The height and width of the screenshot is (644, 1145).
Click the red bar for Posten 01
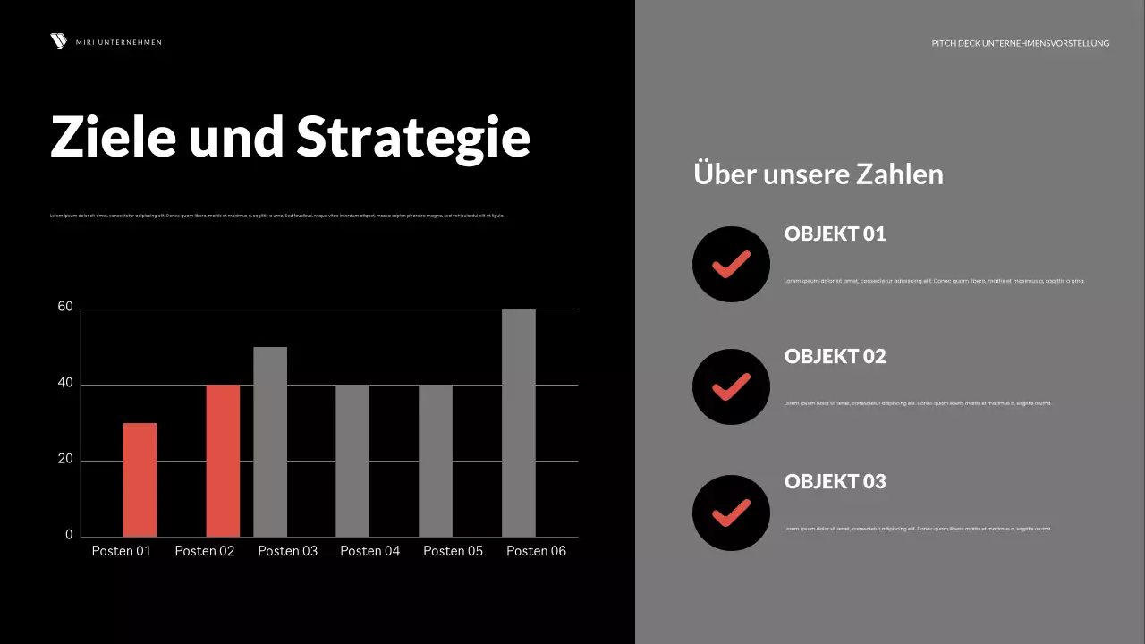(x=140, y=479)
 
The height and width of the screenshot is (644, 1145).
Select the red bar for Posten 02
(x=223, y=461)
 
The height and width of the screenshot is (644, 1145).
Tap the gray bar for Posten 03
(x=270, y=442)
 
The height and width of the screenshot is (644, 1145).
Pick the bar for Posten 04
(x=352, y=461)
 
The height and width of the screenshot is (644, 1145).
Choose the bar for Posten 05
(x=436, y=461)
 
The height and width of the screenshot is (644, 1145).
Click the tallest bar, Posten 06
(x=519, y=422)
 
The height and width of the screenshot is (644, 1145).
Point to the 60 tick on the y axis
(x=65, y=307)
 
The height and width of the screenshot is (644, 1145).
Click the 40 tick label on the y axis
(x=65, y=384)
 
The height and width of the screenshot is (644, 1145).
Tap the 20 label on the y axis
(x=65, y=460)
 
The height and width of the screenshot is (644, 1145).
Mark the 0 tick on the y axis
(x=69, y=535)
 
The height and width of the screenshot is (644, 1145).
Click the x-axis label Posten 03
(x=287, y=551)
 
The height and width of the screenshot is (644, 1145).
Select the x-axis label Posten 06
(x=536, y=551)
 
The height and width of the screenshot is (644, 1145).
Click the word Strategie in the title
(x=413, y=137)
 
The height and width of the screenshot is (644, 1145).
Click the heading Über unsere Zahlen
(x=818, y=174)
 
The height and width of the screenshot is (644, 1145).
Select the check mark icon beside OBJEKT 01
(x=731, y=264)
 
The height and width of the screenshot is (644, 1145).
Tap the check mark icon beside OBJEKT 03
(x=731, y=513)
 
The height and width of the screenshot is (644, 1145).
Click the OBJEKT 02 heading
(x=835, y=356)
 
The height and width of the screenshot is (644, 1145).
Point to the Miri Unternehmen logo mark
(x=59, y=41)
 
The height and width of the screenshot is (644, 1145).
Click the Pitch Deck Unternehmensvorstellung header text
(x=1020, y=43)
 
